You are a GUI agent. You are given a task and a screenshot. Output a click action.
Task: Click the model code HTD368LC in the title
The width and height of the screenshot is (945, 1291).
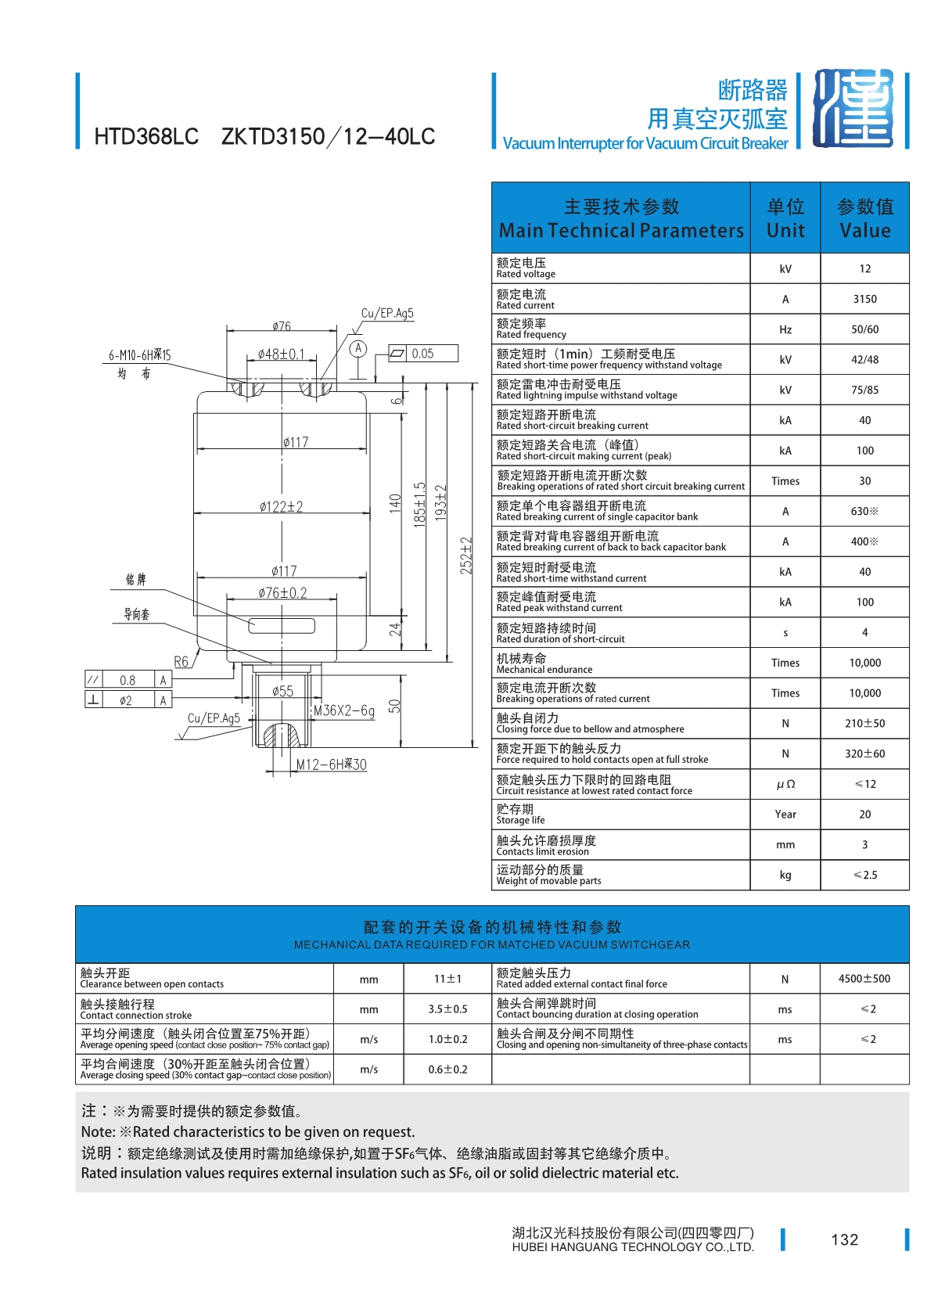[x=146, y=137]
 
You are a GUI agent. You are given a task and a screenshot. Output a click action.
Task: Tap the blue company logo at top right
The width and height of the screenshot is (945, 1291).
[x=853, y=109]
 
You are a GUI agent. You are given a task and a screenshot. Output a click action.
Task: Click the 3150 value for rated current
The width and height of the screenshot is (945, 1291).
[x=864, y=299]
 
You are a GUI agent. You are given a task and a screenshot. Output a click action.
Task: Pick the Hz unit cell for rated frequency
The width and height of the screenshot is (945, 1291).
[x=785, y=329]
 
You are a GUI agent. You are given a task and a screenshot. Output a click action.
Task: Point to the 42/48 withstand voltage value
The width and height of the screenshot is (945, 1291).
[x=864, y=360]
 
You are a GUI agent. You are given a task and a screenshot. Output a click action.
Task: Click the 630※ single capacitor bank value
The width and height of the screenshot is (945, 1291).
[x=864, y=511]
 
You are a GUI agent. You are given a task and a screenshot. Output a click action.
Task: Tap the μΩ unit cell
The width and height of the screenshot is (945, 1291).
[x=785, y=785]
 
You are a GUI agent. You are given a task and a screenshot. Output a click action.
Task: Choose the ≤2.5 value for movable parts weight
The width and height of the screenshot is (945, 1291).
[x=864, y=875]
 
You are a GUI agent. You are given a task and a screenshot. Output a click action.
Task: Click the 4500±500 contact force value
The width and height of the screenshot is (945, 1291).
[x=864, y=979]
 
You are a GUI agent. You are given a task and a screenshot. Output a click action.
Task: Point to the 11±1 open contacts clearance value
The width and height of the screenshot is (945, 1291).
[x=447, y=979]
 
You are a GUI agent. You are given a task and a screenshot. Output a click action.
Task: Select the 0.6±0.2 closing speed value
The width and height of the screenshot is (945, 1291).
[x=447, y=1070]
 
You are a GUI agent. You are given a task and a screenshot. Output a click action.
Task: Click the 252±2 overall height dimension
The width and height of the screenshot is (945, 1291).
[x=465, y=556]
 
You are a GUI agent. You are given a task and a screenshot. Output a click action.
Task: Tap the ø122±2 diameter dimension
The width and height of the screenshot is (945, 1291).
[x=281, y=506]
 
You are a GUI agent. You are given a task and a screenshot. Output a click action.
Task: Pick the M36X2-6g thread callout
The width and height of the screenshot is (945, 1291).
[x=344, y=710]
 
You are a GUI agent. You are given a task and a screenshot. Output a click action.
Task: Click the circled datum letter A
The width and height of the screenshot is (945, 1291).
[x=358, y=348]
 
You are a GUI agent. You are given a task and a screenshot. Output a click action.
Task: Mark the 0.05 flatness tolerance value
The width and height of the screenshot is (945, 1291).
[x=422, y=354]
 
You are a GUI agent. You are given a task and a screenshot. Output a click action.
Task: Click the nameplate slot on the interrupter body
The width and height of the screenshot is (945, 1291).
[x=281, y=625]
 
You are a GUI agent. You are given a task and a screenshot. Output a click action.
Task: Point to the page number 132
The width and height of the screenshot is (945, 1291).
[x=844, y=1239]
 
